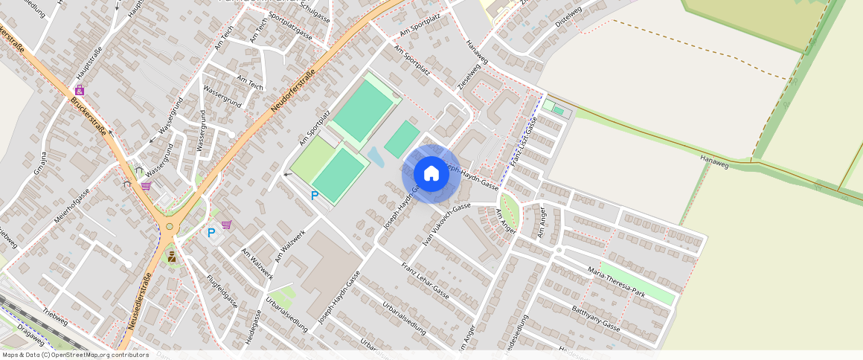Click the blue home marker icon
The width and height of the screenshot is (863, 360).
[x=431, y=173]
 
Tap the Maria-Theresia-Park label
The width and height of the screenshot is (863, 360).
[x=616, y=282]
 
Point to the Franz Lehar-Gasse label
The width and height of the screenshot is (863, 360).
[x=425, y=278]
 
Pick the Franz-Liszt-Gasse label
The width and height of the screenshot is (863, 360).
[x=524, y=141]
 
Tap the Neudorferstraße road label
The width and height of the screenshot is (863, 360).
[x=294, y=91]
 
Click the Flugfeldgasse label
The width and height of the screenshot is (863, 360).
[x=222, y=291]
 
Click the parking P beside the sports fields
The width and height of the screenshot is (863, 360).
[x=315, y=196]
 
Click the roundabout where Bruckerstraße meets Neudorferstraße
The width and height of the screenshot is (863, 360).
[x=170, y=227]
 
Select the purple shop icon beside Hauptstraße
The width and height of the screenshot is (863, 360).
[x=79, y=90]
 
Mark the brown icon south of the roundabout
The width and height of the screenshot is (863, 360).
[x=172, y=257]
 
